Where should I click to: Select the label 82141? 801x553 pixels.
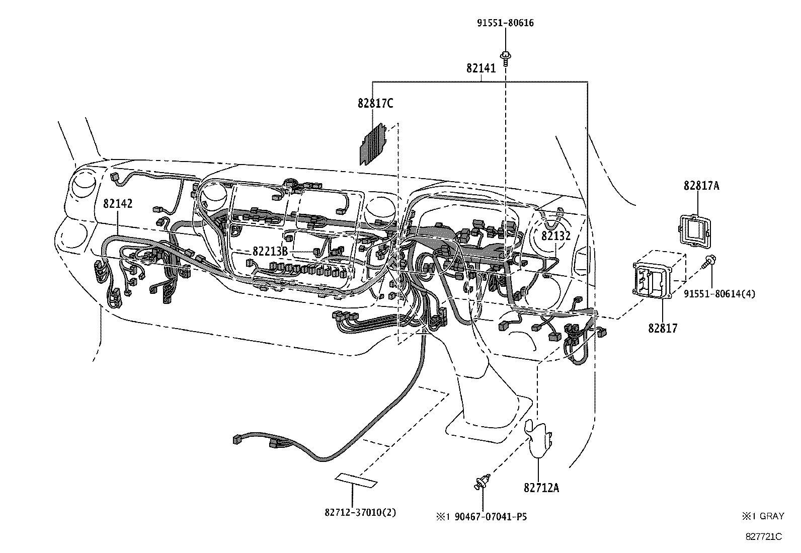[x=480, y=68]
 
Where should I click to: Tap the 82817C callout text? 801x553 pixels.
[x=375, y=104]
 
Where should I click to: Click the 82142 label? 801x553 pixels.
[x=118, y=203]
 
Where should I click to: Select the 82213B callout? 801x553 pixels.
[x=270, y=251]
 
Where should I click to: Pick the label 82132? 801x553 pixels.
[x=555, y=235]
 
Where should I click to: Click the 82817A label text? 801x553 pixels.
[x=701, y=186]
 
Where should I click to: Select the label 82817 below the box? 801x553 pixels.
[x=662, y=329]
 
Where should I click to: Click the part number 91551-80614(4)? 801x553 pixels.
[x=719, y=293]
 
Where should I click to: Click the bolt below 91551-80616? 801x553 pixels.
[x=505, y=57]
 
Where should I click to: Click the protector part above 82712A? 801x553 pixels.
[x=539, y=438]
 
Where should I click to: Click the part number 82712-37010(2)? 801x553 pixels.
[x=360, y=513]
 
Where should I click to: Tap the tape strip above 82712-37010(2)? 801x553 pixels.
[x=357, y=480]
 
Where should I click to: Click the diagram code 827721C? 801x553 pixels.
[x=763, y=536]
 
